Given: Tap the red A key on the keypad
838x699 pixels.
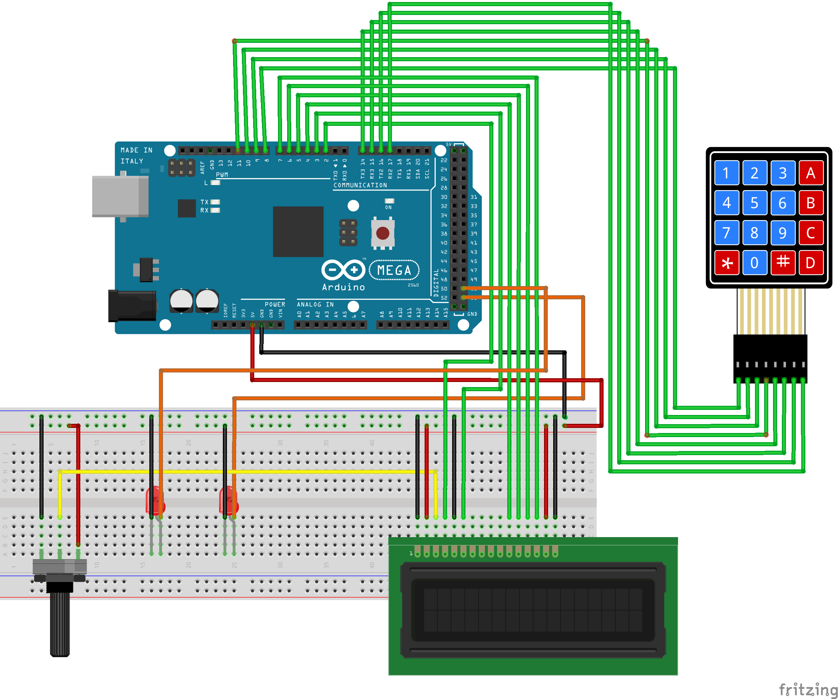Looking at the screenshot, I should tap(811, 173).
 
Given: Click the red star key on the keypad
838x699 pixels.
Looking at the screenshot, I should tap(727, 263).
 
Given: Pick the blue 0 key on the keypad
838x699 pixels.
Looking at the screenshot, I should tap(755, 263).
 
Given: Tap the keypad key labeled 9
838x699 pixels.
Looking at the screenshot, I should tap(783, 233).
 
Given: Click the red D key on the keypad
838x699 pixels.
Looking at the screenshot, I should tap(811, 263).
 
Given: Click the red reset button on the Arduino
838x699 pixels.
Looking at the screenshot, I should tap(383, 233).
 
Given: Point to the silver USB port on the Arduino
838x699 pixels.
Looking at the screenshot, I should tap(120, 196).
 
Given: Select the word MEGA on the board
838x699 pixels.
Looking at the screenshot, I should tap(394, 270).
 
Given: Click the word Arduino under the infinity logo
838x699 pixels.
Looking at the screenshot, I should tap(344, 287).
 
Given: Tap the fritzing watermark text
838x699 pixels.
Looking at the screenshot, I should tap(808, 689).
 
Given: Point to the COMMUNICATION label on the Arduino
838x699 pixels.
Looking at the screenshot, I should tap(360, 185).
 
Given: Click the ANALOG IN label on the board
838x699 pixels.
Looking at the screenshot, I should tap(315, 304).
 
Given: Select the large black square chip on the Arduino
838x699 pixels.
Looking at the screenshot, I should tap(298, 232).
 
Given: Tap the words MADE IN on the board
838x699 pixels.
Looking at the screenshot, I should tap(136, 150).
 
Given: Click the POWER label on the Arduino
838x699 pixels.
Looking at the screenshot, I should tap(275, 304).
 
